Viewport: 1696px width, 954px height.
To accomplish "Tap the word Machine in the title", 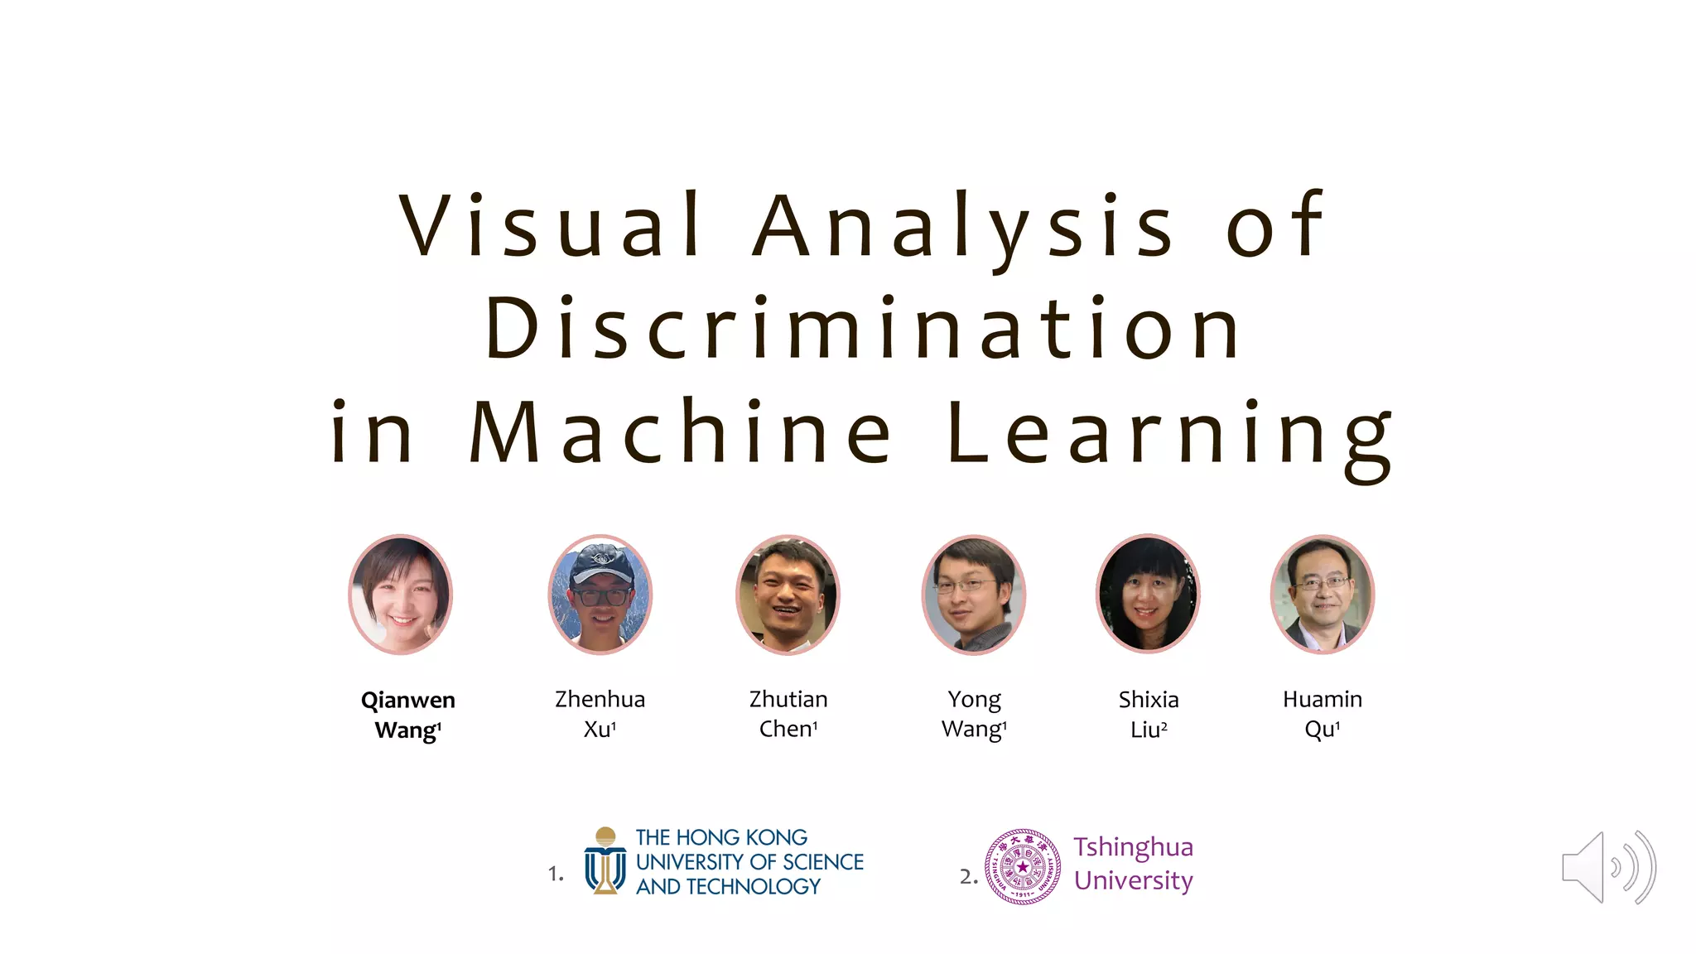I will tap(681, 431).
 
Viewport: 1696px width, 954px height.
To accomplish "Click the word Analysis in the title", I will tap(963, 225).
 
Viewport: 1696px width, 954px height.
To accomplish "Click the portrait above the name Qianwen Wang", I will tap(401, 595).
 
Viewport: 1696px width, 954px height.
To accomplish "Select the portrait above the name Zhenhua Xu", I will tap(600, 595).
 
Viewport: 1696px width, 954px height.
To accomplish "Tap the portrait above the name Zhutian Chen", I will tap(788, 595).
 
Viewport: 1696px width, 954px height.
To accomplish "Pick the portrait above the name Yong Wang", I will tap(974, 595).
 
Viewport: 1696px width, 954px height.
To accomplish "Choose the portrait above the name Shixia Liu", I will tap(1148, 595).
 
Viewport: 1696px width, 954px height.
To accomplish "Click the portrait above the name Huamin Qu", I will tap(1323, 595).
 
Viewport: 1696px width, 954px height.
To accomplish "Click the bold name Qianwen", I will tap(407, 701).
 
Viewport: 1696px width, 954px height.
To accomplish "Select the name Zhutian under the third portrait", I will tap(788, 700).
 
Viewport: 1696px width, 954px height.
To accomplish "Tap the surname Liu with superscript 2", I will tap(1146, 730).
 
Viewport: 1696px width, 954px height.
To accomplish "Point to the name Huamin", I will tap(1323, 700).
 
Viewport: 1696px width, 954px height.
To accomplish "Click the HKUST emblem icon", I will tap(605, 861).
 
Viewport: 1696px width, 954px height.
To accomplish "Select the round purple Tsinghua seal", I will tap(1023, 867).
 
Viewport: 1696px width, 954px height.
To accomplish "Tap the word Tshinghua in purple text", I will tap(1133, 847).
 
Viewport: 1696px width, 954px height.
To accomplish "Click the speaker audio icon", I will tap(1607, 867).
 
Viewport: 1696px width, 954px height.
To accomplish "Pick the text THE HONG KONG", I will tap(721, 837).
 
